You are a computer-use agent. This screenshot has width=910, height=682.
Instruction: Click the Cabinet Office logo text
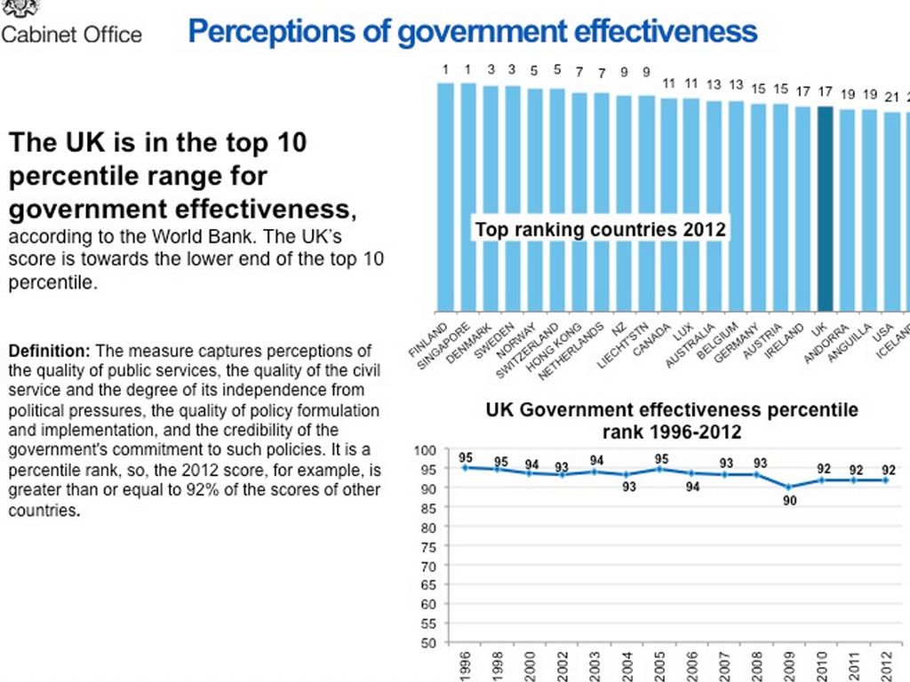[x=71, y=35]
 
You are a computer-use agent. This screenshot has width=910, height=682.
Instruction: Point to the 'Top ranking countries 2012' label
[x=600, y=230]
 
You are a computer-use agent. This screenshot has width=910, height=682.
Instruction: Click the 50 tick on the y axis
[x=428, y=642]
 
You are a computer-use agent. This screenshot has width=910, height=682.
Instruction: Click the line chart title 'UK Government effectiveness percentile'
[x=672, y=410]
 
